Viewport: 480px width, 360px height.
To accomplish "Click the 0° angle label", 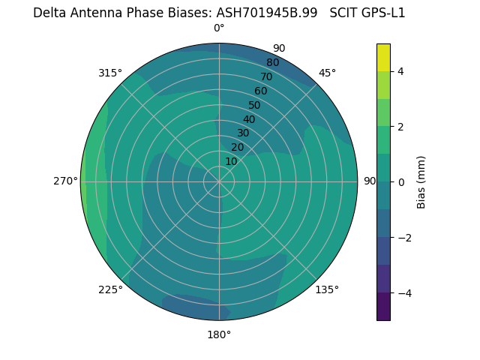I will click(x=219, y=28).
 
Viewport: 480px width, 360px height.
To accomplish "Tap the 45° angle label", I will click(x=327, y=73).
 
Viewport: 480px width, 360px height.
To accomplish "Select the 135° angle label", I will click(x=327, y=289).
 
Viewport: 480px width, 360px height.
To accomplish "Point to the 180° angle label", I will click(x=219, y=334).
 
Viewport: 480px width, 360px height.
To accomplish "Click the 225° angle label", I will click(x=110, y=290).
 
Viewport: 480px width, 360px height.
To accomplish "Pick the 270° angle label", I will click(x=65, y=181).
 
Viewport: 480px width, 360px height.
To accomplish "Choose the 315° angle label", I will click(x=110, y=73).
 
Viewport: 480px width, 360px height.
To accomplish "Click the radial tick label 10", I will click(x=231, y=161).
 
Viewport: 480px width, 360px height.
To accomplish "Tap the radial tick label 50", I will click(x=254, y=105).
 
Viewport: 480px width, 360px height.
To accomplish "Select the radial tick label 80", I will click(x=272, y=62).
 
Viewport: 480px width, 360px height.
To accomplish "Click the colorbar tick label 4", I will click(x=400, y=71).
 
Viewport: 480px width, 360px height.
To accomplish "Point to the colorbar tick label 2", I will click(x=400, y=127).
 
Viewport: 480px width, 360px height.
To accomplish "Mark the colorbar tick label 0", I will click(x=400, y=182).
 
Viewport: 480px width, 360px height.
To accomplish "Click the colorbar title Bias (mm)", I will click(x=421, y=182).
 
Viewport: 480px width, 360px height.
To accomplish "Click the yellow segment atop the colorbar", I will click(x=383, y=57).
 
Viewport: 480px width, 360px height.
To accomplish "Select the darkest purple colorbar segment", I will click(x=383, y=307).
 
